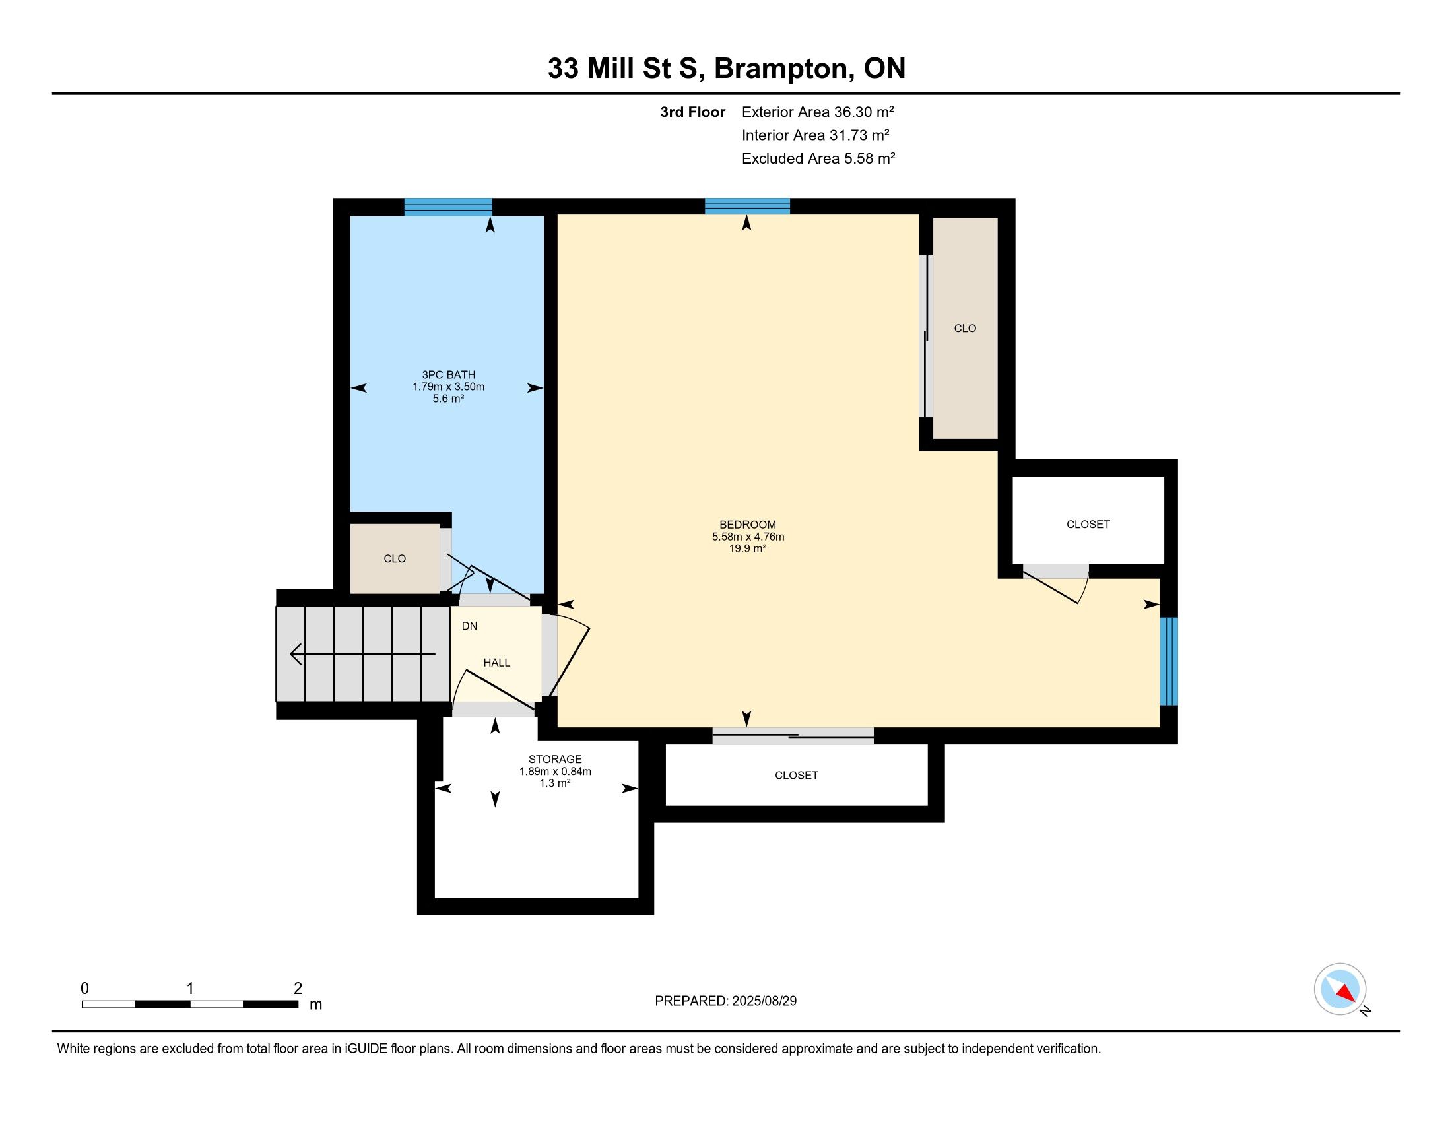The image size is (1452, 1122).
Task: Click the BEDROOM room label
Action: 747,525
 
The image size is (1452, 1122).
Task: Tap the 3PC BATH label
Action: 449,375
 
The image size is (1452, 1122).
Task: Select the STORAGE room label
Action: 555,759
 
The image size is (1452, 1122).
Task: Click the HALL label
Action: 496,663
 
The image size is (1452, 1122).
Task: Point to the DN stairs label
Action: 469,626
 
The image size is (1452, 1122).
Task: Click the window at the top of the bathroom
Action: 448,207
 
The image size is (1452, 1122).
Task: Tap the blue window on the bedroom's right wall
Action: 1169,661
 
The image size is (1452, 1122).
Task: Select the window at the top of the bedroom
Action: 747,205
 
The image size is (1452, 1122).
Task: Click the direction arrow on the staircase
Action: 363,654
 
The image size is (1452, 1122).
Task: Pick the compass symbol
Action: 1340,989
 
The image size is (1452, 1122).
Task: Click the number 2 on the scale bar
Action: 298,989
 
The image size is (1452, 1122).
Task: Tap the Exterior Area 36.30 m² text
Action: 818,112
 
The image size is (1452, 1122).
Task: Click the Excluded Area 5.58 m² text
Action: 818,158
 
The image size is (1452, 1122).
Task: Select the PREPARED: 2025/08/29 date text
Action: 725,1001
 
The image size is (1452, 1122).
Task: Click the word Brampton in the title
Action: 784,69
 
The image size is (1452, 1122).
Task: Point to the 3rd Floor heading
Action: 693,112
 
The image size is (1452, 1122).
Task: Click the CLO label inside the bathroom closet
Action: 395,559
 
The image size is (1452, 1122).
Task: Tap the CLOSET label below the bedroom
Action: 797,775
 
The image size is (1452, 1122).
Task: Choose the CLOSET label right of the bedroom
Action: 1088,525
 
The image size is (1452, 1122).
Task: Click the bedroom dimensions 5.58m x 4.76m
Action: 748,537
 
